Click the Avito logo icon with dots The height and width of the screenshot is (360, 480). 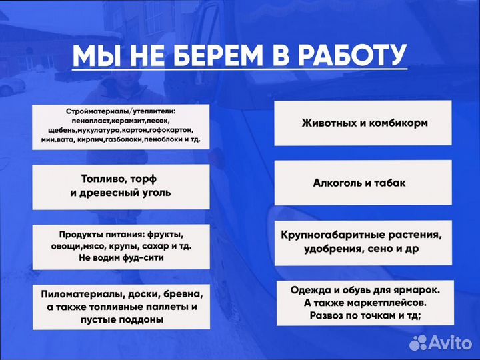418,343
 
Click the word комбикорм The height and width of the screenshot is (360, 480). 397,123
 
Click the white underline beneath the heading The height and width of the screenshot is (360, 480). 239,69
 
